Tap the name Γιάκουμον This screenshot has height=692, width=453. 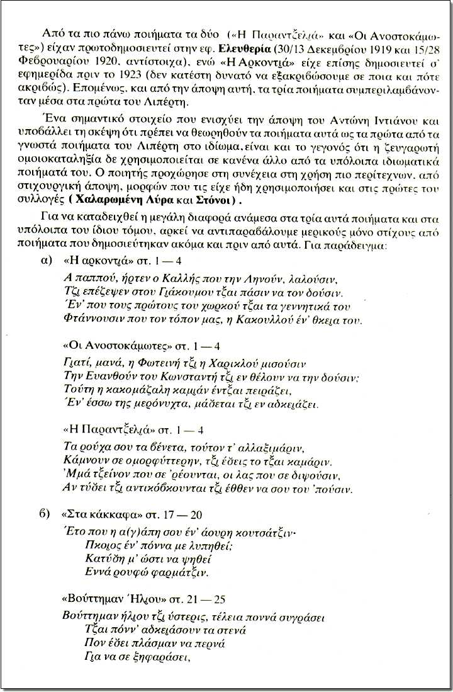pos(193,294)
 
